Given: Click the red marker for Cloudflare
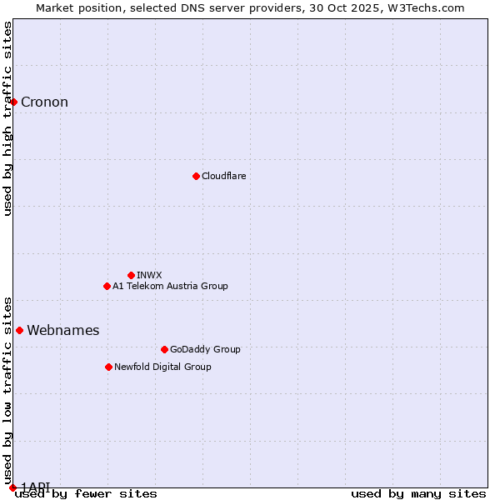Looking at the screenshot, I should click(196, 176).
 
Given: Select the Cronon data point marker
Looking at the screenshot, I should click(13, 102).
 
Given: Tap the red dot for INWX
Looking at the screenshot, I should click(131, 275).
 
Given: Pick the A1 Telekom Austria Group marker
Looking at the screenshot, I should click(107, 286).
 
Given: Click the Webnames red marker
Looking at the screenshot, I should click(19, 330).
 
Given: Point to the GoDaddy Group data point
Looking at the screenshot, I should click(164, 349).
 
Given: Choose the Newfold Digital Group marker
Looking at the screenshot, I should click(108, 367).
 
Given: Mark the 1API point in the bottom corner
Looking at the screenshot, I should click(12, 487).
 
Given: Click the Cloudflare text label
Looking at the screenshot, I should click(223, 176).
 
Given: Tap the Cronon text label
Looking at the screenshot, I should click(44, 102).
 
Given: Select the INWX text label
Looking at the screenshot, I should click(149, 275).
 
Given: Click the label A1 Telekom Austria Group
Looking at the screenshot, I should click(170, 286).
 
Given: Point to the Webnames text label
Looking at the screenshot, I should click(62, 331).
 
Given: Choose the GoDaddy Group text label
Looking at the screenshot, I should click(205, 349).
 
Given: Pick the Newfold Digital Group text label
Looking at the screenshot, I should click(162, 367).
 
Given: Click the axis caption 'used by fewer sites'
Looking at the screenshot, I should click(86, 493).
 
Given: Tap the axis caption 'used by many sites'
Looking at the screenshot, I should click(418, 493).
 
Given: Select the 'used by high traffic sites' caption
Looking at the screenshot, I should click(7, 118).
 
